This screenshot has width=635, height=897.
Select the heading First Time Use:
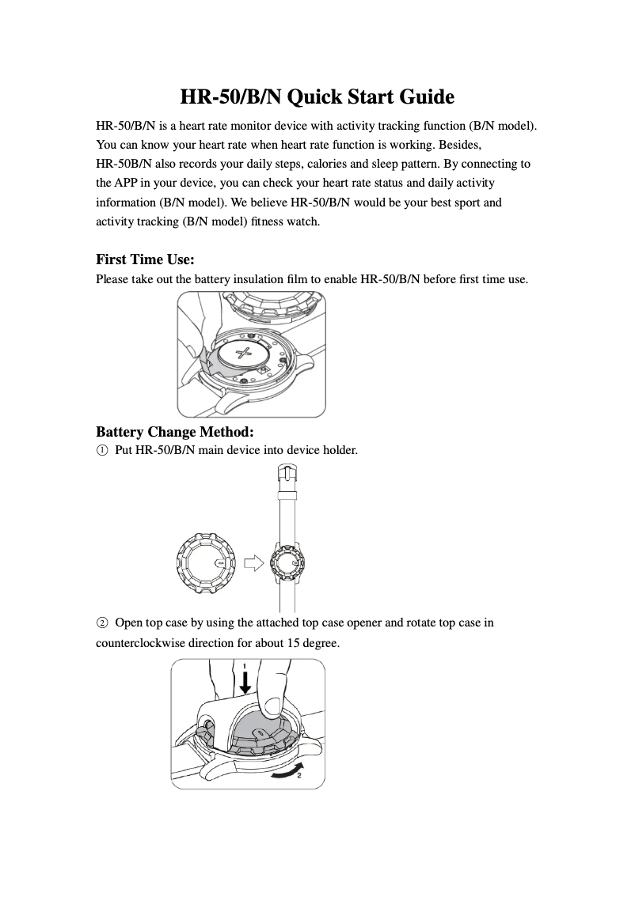coord(145,259)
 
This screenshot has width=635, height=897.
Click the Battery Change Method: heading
coord(174,432)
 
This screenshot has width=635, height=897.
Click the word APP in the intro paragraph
coord(129,184)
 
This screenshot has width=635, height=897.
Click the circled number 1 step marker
coord(101,451)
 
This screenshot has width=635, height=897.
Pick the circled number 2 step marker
coord(101,623)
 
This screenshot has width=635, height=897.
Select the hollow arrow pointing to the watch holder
coord(253,562)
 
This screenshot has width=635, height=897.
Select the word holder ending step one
coord(340,451)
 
